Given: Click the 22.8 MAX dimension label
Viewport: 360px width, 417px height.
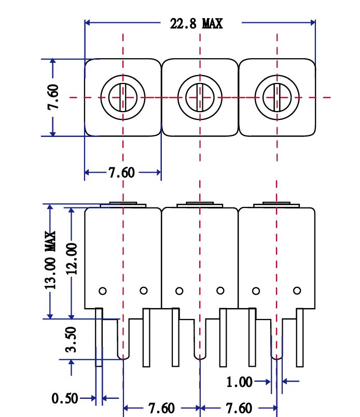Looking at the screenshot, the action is pyautogui.click(x=196, y=23).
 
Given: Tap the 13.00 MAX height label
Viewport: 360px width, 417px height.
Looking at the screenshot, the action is pyautogui.click(x=50, y=260).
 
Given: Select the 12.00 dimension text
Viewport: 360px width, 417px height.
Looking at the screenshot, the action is pyautogui.click(x=71, y=258).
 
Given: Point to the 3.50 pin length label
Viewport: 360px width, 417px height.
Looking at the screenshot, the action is pyautogui.click(x=71, y=340).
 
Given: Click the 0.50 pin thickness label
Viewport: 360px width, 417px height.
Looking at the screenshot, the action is pyautogui.click(x=65, y=398).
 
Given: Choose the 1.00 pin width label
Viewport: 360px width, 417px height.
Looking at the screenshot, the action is pyautogui.click(x=239, y=382).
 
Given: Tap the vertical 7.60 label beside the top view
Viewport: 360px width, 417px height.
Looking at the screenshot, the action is pyautogui.click(x=53, y=97).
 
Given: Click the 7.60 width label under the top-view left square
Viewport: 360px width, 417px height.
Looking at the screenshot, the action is pyautogui.click(x=121, y=173).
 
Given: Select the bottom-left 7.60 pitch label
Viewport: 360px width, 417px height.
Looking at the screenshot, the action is pyautogui.click(x=161, y=408).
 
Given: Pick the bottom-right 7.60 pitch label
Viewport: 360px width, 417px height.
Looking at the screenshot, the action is pyautogui.click(x=239, y=408).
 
